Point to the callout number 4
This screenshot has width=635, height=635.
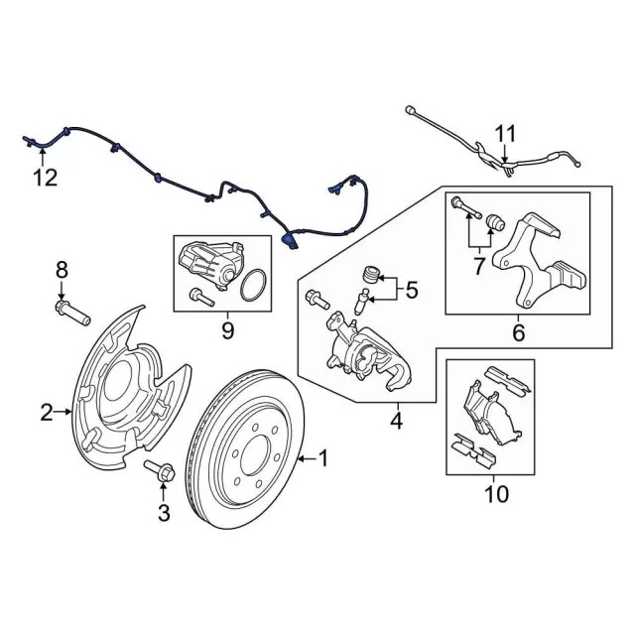tap(396, 422)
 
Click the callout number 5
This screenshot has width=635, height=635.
tap(413, 292)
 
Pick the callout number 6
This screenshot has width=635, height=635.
tap(517, 334)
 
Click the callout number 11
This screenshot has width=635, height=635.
tap(506, 133)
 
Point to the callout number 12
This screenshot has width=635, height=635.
tap(44, 179)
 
